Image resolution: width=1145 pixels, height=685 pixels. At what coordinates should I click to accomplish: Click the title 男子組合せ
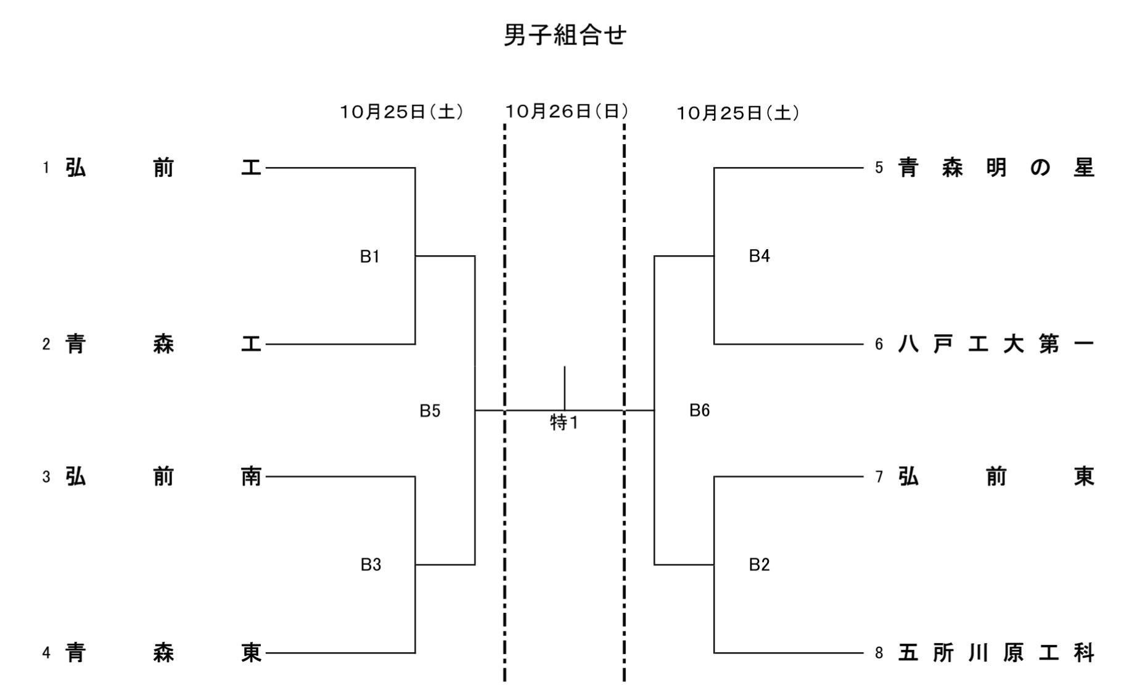click(x=565, y=35)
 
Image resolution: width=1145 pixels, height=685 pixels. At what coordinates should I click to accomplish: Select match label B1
click(x=369, y=256)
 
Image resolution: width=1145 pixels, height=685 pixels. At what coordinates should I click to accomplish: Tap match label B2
click(x=759, y=565)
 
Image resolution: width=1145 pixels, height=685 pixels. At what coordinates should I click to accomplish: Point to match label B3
click(x=371, y=565)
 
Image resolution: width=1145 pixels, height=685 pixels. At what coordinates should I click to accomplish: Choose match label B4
click(x=759, y=256)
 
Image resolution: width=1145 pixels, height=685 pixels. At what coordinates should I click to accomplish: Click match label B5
click(x=430, y=411)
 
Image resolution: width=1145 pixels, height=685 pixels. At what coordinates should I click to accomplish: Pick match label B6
click(x=699, y=410)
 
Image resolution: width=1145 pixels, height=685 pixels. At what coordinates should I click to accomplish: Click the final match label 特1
click(x=564, y=422)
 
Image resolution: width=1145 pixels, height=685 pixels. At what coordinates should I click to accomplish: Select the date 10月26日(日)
click(x=567, y=111)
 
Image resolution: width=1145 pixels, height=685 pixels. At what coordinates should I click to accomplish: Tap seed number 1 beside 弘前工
click(x=46, y=168)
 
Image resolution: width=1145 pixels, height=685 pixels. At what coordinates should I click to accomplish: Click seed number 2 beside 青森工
click(x=46, y=344)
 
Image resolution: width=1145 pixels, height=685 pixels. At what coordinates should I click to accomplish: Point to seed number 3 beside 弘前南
click(x=46, y=477)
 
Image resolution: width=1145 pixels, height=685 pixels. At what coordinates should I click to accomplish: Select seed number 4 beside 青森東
click(x=46, y=652)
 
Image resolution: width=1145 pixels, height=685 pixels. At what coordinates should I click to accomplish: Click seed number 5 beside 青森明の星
click(x=879, y=168)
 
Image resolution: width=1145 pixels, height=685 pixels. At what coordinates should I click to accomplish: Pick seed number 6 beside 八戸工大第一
click(x=879, y=344)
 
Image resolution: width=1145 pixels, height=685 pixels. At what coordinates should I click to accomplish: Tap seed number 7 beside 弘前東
click(x=879, y=477)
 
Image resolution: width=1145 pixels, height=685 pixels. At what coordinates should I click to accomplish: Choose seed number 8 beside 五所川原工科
click(x=879, y=652)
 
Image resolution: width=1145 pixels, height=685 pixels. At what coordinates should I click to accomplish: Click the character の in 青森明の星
click(x=1040, y=168)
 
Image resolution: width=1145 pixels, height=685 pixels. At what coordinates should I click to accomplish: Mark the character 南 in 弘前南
click(x=251, y=477)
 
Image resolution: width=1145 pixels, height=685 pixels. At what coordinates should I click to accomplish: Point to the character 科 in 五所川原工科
click(x=1083, y=652)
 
